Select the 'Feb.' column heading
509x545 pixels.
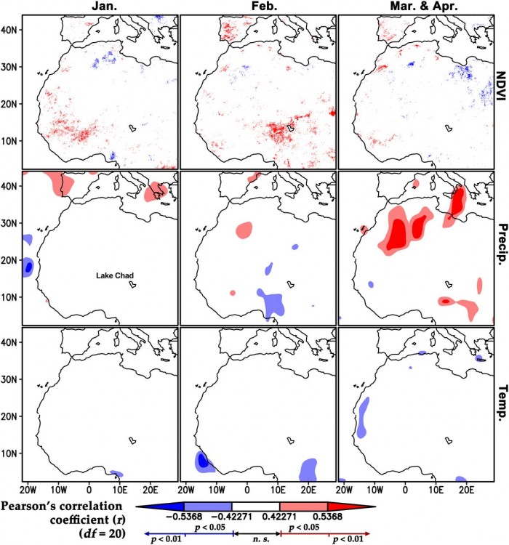[258, 7]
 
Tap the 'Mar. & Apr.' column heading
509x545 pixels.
[415, 7]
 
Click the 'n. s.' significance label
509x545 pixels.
[256, 539]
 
